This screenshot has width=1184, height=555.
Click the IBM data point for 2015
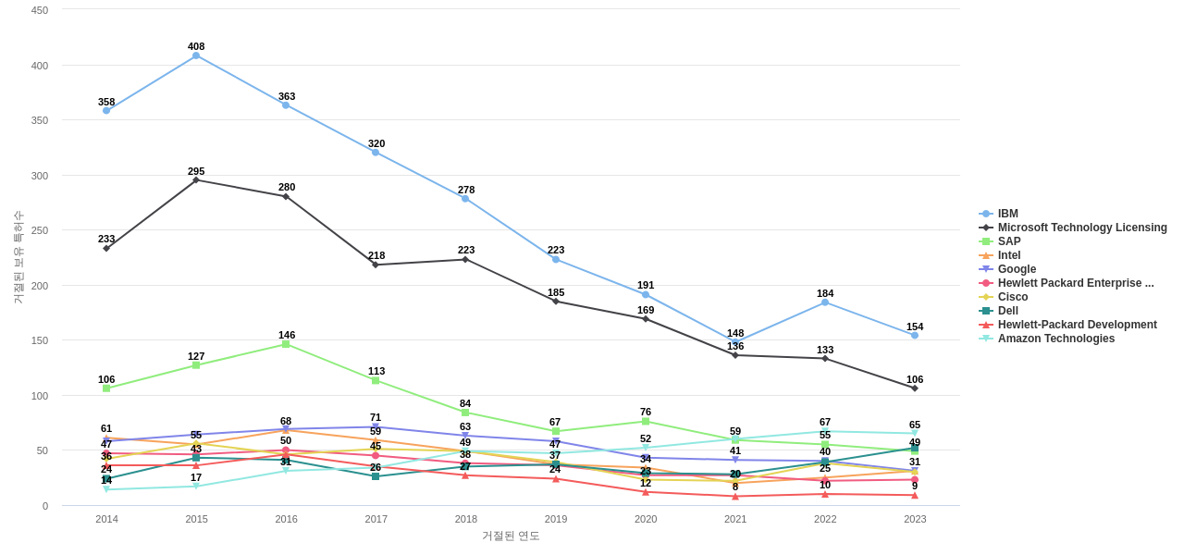(x=196, y=55)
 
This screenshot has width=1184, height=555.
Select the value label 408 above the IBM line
(x=196, y=46)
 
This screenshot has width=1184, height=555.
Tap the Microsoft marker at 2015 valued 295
(x=196, y=180)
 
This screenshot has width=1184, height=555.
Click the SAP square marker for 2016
(x=286, y=344)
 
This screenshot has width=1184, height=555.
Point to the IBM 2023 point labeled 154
(x=915, y=336)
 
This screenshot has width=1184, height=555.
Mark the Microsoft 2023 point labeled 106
(x=915, y=388)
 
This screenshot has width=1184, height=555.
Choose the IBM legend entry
(x=1007, y=214)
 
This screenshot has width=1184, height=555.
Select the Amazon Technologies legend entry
(x=1055, y=339)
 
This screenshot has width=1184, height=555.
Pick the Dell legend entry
(x=1007, y=311)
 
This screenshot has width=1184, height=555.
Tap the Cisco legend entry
(x=1011, y=297)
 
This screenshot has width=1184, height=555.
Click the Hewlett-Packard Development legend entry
(x=1077, y=325)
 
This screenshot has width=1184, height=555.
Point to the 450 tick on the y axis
(x=40, y=10)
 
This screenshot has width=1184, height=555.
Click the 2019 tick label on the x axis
(x=556, y=519)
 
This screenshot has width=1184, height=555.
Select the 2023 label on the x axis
(x=915, y=519)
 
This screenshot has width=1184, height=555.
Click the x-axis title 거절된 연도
(x=511, y=536)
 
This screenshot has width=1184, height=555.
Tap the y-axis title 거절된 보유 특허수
(x=18, y=257)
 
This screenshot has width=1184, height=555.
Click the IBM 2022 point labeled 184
(x=825, y=302)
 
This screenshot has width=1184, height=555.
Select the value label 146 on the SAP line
(x=287, y=335)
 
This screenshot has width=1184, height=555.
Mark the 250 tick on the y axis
(x=40, y=230)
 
